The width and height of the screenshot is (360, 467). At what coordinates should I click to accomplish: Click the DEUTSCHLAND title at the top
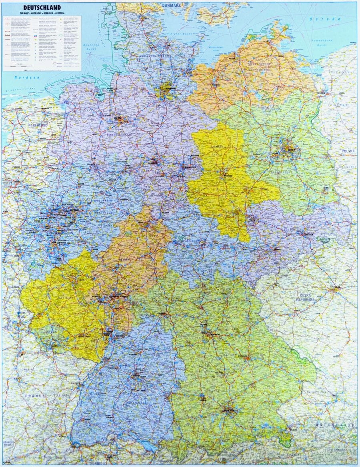click(42, 7)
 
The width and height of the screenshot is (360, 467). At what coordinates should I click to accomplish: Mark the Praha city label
click(337, 287)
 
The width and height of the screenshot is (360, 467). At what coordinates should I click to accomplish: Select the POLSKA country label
click(348, 151)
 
